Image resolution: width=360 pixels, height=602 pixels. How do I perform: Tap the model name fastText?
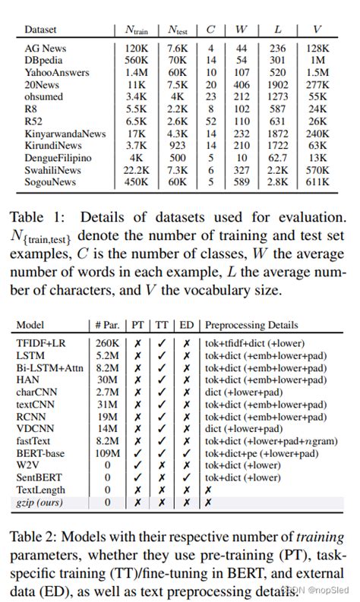(x=35, y=441)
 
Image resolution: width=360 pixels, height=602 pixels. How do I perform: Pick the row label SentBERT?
(x=38, y=478)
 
